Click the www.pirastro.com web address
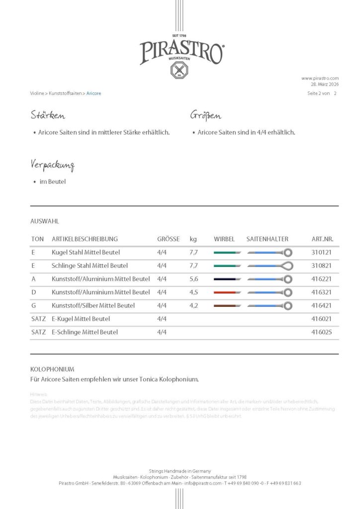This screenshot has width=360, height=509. click(x=320, y=78)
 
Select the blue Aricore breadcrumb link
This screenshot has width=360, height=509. click(x=93, y=93)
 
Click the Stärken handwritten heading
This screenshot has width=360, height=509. click(x=48, y=116)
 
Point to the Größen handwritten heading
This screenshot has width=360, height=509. click(x=206, y=116)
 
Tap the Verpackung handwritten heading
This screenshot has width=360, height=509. click(x=52, y=165)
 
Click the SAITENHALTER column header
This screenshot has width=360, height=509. click(x=267, y=239)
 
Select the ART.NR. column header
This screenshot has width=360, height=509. click(x=322, y=239)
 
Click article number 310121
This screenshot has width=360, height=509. click(x=321, y=253)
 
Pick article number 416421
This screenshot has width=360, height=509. click(x=321, y=305)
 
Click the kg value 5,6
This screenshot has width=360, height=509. click(x=194, y=279)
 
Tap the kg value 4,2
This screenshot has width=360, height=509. click(x=194, y=305)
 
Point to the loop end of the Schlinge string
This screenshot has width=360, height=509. click(x=287, y=266)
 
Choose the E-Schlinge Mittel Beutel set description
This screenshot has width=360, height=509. click(x=85, y=332)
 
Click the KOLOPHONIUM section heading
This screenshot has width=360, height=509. click(x=52, y=369)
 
